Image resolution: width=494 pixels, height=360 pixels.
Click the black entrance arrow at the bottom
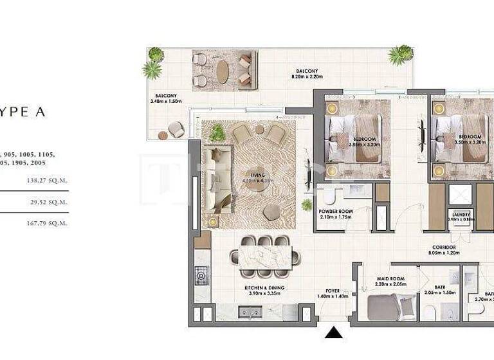(x=333, y=332)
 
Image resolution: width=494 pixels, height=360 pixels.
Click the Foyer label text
(x=332, y=293)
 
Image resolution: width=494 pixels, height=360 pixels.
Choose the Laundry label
(x=461, y=217)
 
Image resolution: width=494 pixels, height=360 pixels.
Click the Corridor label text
(x=444, y=250)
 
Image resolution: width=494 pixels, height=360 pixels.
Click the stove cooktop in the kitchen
(x=202, y=277)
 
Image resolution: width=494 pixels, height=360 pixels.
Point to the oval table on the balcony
(x=223, y=71)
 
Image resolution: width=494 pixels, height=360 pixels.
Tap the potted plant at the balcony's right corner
(x=400, y=55)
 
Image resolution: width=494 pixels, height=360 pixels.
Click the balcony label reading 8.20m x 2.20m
(x=306, y=75)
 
